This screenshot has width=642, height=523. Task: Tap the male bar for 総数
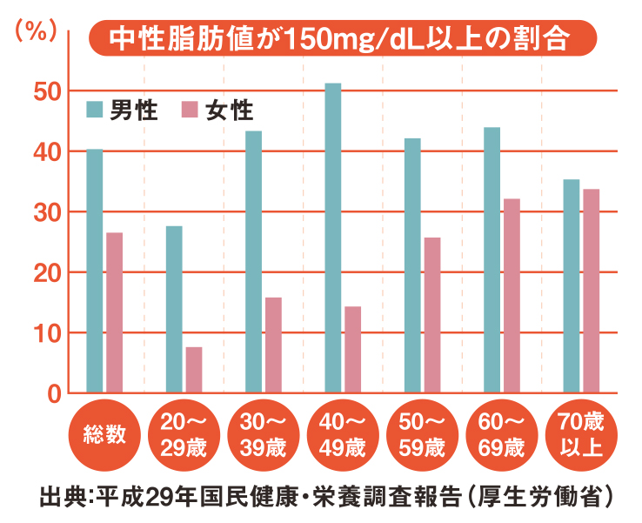pyautogui.click(x=95, y=271)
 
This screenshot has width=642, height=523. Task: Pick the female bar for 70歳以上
pyautogui.click(x=591, y=291)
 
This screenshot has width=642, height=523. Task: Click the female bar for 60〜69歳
pyautogui.click(x=512, y=296)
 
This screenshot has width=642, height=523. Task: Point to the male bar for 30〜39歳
pyautogui.click(x=254, y=261)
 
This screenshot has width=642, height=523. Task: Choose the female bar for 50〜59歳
pyautogui.click(x=432, y=315)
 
